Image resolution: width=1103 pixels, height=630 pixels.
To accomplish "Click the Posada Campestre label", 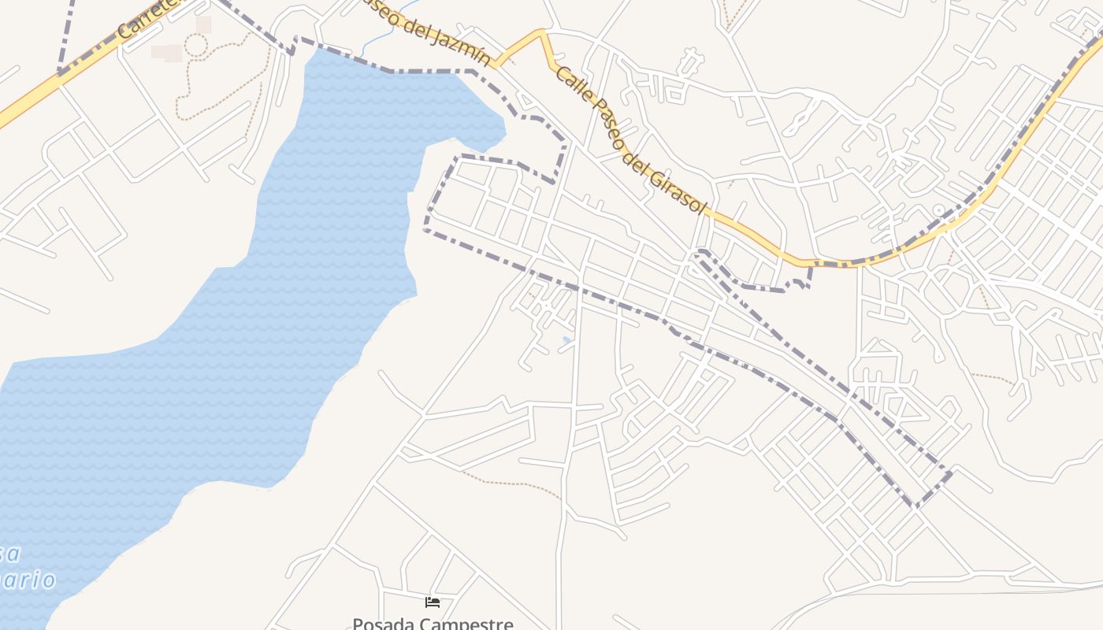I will (x=433, y=624).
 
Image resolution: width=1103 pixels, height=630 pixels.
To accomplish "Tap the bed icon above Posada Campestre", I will (x=433, y=602).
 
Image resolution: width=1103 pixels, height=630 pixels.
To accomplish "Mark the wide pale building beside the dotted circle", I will (x=166, y=53).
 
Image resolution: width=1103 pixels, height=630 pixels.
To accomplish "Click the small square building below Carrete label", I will (x=204, y=25).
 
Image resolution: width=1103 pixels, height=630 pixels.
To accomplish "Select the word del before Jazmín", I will (x=425, y=31).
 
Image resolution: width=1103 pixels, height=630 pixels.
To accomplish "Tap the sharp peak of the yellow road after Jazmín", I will (x=542, y=32).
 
